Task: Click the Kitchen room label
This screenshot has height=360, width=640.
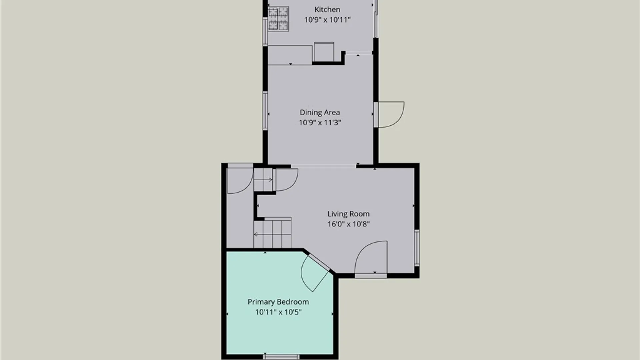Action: point(327,10)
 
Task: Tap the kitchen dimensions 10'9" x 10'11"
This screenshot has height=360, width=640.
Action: point(327,20)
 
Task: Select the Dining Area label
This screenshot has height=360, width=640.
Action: point(320,112)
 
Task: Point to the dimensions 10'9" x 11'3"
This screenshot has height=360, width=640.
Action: point(320,123)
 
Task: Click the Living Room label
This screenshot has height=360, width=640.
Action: point(348,214)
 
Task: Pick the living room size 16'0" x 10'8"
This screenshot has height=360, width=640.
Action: point(348,224)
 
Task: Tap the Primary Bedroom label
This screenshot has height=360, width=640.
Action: point(278,302)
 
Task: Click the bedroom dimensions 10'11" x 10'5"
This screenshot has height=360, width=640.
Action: point(278,312)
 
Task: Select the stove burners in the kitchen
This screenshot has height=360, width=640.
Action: point(278,19)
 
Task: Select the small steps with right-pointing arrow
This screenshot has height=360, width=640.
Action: point(263,180)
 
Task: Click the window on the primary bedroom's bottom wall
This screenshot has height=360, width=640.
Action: point(281,357)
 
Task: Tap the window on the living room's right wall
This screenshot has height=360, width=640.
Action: point(417,248)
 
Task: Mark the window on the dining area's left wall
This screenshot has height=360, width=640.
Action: point(265,111)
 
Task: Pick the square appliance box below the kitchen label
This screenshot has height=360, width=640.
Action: point(324,52)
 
